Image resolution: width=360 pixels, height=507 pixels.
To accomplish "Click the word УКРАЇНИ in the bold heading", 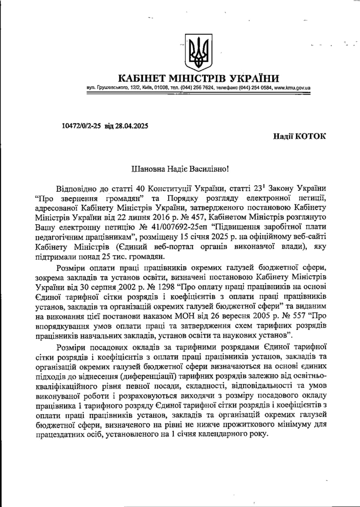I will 252,78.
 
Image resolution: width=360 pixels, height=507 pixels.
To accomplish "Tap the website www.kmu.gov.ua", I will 292,88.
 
